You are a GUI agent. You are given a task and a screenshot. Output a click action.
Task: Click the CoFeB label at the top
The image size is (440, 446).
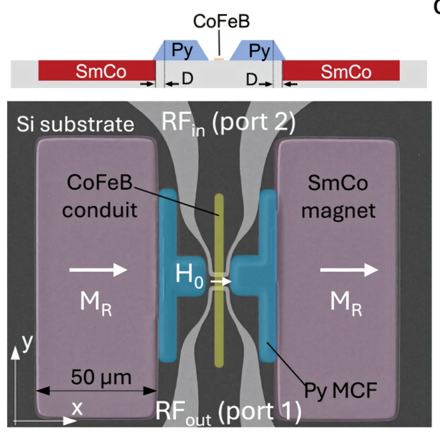coord(221,21)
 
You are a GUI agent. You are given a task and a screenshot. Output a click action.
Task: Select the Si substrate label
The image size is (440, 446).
coord(75,124)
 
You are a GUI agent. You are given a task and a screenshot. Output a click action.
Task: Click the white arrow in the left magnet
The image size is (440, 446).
coord(98,270)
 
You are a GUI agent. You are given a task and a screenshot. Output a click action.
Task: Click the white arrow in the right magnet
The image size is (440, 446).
coord(349,270)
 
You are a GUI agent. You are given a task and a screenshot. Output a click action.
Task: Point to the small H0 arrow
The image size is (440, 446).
coord(221,282)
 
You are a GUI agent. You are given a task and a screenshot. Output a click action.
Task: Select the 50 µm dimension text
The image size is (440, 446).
coord(101,378)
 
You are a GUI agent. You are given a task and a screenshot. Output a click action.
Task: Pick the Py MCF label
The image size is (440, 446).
coord(340,391)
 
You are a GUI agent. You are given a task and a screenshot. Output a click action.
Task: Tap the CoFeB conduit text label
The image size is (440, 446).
coord(100,196)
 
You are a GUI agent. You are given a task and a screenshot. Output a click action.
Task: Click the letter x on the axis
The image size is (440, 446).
coord(77,408)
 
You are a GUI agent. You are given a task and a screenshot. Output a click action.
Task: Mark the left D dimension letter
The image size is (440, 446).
coord(187,79)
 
